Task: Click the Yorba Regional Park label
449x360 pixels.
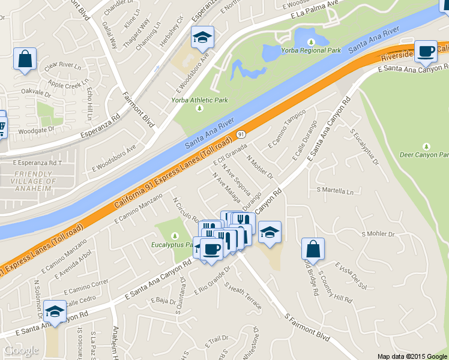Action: point(312,50)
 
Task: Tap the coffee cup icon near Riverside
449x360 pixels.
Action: point(426,52)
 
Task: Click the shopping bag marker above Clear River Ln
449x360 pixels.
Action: point(25,59)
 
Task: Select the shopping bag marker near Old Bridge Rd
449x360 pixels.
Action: point(313,249)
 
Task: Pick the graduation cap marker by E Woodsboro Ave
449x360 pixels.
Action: point(202,38)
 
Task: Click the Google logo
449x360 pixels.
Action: point(21,350)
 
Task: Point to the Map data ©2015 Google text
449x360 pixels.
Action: point(412,356)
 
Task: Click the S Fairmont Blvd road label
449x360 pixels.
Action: point(307,327)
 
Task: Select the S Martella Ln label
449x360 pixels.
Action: point(335,191)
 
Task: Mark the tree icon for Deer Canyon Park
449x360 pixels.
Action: point(427,146)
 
